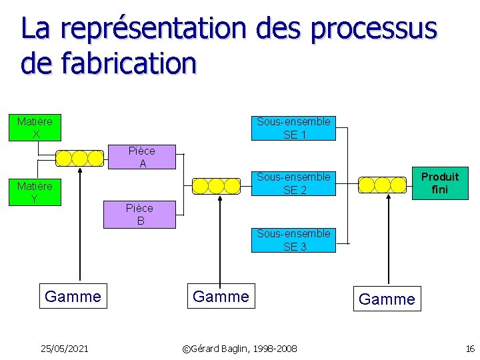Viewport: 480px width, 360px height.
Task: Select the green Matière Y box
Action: click(x=35, y=192)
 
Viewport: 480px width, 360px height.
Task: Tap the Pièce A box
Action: click(x=142, y=157)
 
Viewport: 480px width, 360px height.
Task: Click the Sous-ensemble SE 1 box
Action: click(x=293, y=127)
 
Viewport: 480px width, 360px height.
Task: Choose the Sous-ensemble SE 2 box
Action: click(x=293, y=183)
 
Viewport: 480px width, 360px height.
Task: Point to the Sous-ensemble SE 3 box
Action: click(x=293, y=240)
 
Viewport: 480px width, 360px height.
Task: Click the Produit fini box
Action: click(x=440, y=183)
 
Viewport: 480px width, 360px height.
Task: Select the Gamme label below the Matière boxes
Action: click(x=73, y=296)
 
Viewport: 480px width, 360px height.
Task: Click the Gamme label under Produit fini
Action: click(x=387, y=299)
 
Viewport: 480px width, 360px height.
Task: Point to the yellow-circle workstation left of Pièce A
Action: click(x=79, y=158)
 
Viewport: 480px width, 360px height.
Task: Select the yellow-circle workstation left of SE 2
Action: click(x=215, y=185)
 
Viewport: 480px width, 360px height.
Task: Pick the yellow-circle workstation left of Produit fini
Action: click(x=382, y=185)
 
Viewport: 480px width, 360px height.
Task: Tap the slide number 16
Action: click(x=470, y=348)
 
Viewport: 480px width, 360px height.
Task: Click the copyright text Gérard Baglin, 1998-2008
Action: click(x=240, y=348)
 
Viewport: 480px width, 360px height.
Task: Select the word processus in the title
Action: click(x=374, y=29)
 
